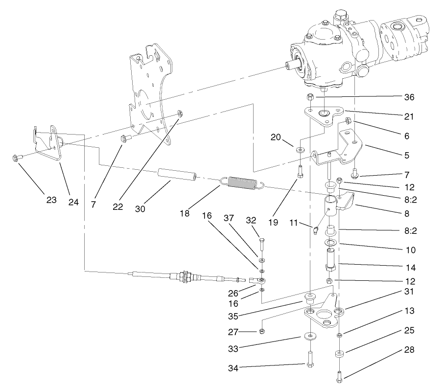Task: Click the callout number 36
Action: coord(410,97)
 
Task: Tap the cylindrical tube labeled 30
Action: coord(177,176)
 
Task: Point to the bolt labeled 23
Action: coord(15,158)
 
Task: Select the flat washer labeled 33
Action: coord(309,336)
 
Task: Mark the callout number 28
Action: coord(410,350)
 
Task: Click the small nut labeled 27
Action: coord(261,332)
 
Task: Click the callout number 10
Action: coord(410,250)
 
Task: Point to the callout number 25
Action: coord(410,331)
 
